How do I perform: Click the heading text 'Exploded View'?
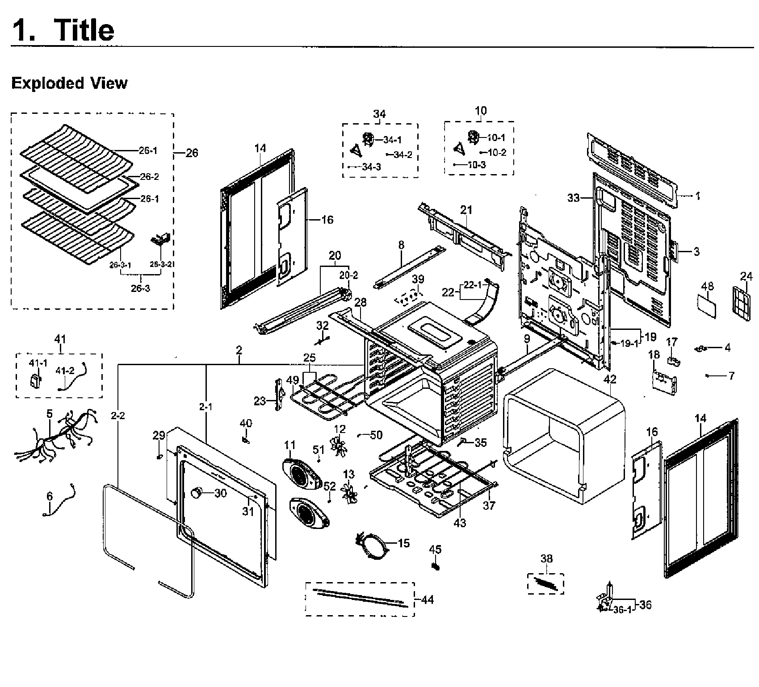point(69,83)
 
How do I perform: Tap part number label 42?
point(610,379)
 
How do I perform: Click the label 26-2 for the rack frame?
point(149,177)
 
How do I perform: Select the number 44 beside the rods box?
point(427,600)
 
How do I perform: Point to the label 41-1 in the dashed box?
point(38,363)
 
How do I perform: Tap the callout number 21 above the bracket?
point(466,210)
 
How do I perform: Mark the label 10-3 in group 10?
point(477,164)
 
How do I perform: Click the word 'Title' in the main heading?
point(84,30)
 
